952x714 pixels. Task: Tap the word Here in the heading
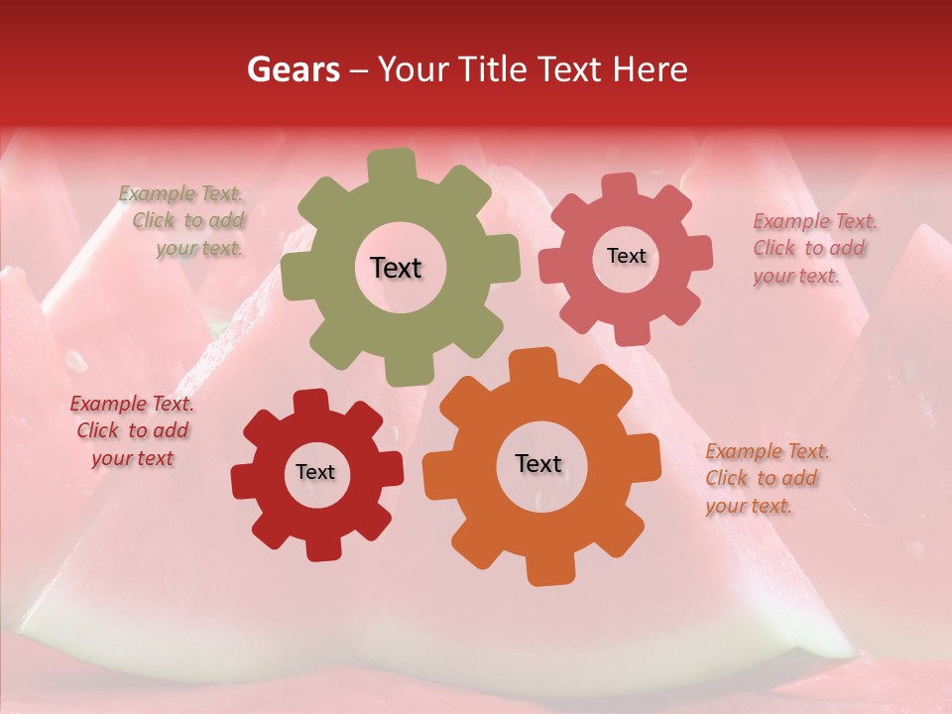[652, 69]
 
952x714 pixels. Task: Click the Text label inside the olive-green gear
[396, 268]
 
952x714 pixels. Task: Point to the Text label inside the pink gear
[626, 256]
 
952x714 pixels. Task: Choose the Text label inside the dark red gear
[315, 472]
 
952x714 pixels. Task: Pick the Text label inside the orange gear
[538, 463]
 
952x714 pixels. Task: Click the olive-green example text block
[182, 221]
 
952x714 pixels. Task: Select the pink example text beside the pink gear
[814, 248]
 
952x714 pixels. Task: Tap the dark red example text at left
[132, 430]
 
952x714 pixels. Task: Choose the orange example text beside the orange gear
[767, 478]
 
